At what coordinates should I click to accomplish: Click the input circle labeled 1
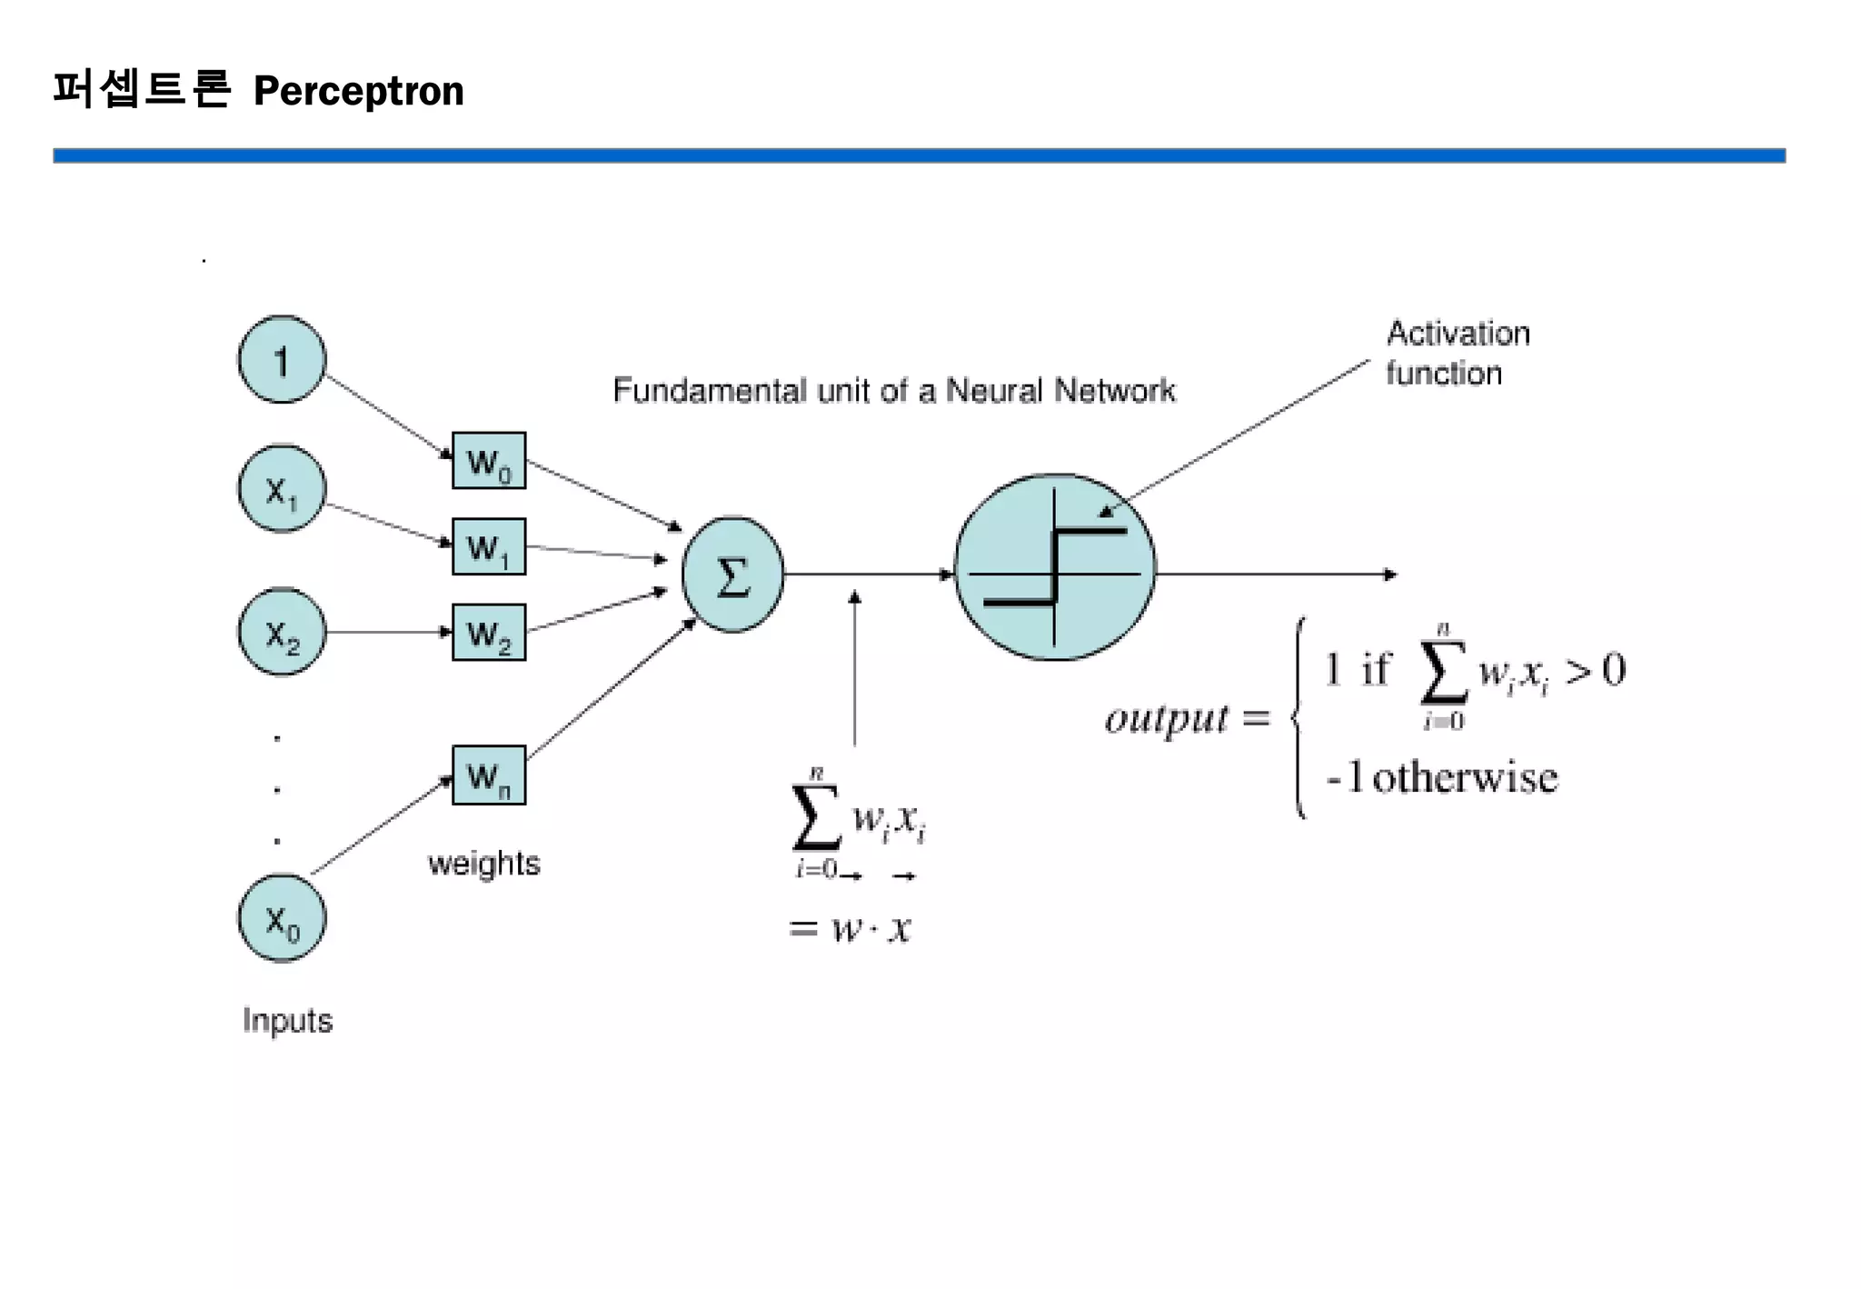tap(282, 360)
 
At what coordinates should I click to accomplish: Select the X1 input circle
tap(282, 489)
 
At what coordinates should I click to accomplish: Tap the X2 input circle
tap(282, 632)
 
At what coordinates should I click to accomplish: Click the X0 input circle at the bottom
tap(282, 919)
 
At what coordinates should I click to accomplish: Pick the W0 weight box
tap(489, 461)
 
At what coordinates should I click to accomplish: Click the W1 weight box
tap(489, 547)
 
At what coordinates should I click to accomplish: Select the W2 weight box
tap(489, 633)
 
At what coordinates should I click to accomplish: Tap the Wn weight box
tap(489, 775)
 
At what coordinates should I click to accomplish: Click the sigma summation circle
tap(732, 575)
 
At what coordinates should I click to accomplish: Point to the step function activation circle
tap(1055, 567)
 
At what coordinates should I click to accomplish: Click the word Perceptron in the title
tap(359, 91)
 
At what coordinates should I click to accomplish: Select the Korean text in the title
tap(142, 89)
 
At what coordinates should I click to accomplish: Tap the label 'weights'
tap(483, 863)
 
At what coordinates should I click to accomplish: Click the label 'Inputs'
tap(287, 1020)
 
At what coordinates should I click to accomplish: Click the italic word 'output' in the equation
tap(1167, 718)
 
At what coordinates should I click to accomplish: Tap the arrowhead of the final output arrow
tap(1389, 575)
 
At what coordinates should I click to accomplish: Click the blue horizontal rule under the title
tap(918, 155)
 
